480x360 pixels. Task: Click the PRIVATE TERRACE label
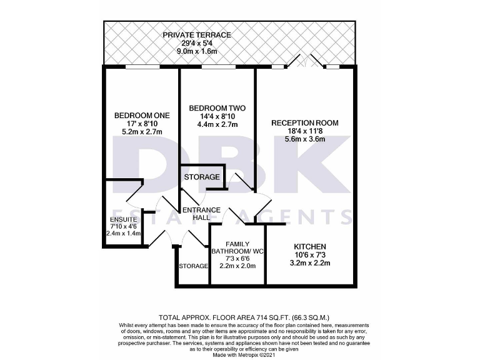coord(197,35)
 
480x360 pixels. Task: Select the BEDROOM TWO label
coord(217,108)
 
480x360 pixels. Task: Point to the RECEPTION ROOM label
coord(304,123)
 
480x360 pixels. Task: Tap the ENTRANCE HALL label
coord(201,214)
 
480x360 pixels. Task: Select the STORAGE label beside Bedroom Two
coord(202,177)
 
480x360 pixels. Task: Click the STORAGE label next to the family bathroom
coord(193,266)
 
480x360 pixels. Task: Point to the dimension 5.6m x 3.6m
coord(304,140)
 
